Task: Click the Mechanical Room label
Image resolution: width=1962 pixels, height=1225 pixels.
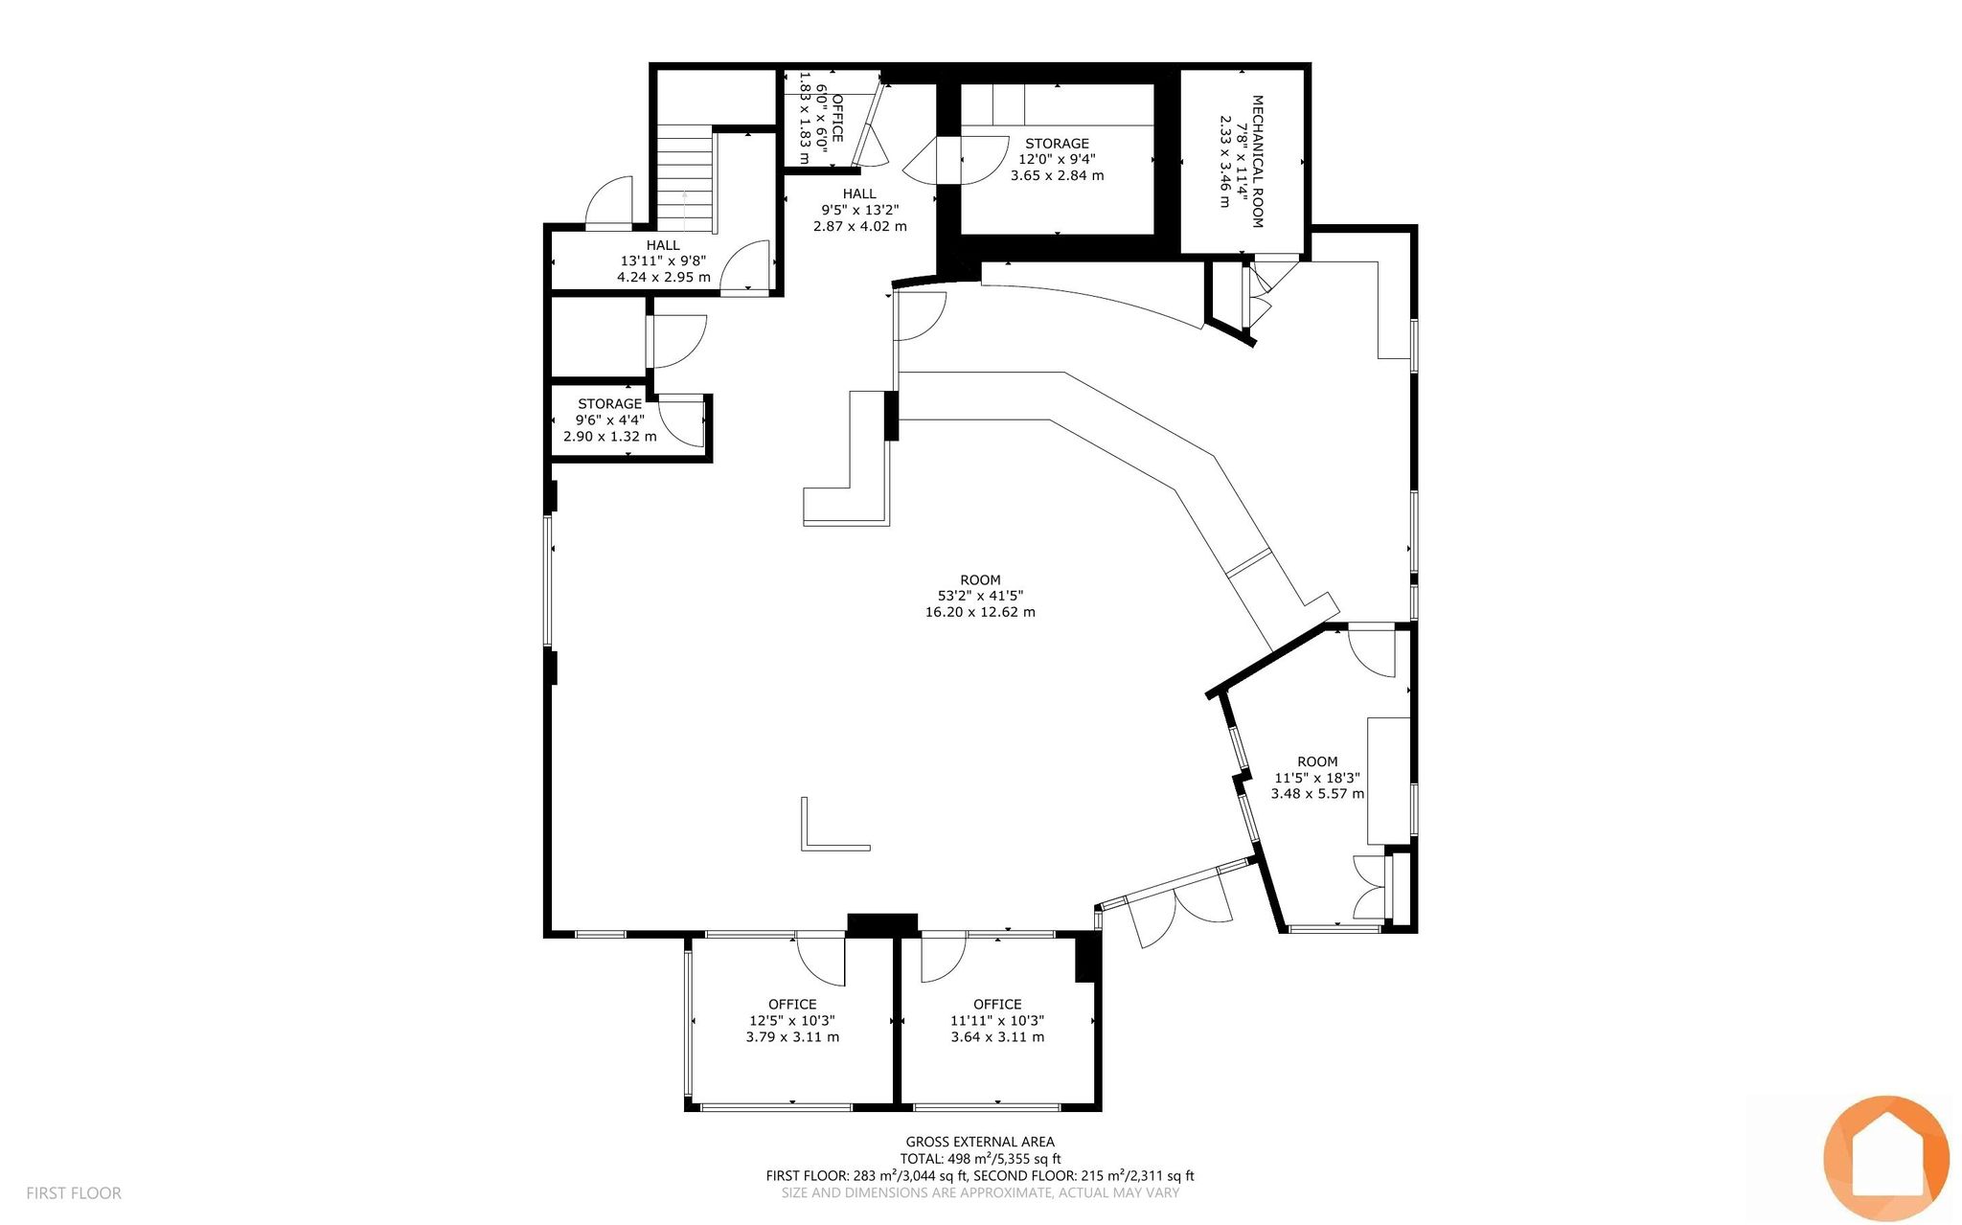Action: point(1257,161)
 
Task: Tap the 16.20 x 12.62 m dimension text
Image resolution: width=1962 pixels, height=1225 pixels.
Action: point(980,612)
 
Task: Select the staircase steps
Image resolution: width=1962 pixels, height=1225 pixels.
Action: point(686,179)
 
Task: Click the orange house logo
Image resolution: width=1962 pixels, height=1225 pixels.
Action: point(1886,1158)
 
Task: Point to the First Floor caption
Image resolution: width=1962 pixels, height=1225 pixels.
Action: point(74,1193)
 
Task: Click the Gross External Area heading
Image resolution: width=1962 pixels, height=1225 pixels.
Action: point(980,1142)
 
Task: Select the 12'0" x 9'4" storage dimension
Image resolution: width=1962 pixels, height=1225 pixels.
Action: point(1057,160)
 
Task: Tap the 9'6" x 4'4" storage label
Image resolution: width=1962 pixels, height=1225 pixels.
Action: point(610,420)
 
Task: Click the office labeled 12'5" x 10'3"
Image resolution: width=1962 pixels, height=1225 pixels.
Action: point(792,1020)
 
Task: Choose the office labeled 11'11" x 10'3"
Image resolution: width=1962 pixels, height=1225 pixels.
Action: point(997,1020)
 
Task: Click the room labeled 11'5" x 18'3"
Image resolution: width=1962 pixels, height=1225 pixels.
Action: point(1318,777)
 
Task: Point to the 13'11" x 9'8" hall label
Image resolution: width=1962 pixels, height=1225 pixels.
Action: point(663,261)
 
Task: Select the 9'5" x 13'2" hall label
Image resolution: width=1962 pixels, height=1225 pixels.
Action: point(859,210)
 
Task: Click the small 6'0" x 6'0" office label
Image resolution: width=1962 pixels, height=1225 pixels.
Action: point(820,118)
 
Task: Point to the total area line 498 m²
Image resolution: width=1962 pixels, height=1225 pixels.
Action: point(980,1159)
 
